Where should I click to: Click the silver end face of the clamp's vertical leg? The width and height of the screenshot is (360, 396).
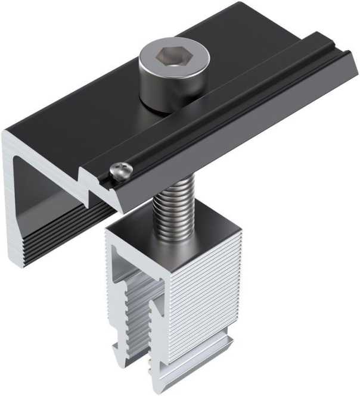(16, 197)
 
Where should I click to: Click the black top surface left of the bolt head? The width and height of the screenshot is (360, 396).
(89, 101)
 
